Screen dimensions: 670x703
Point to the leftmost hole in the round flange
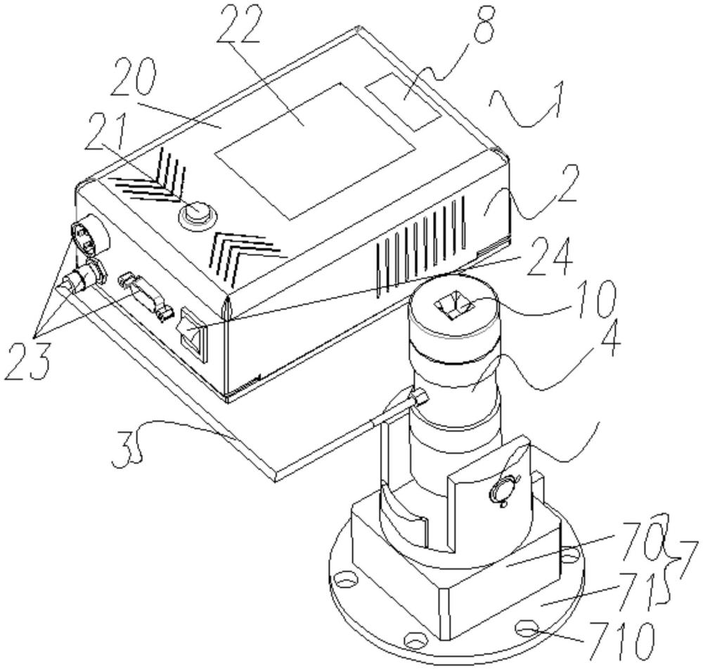(345, 580)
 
